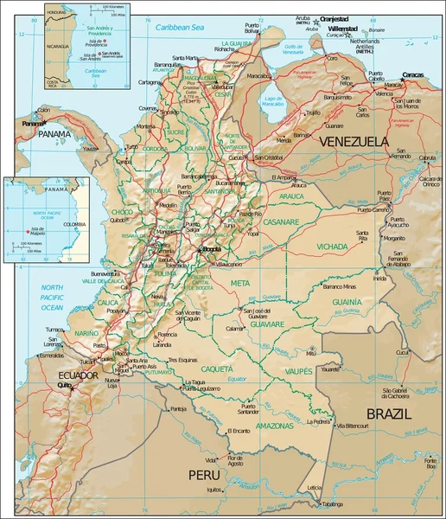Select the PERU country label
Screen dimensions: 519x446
pyautogui.click(x=206, y=475)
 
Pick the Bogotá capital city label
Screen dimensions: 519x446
pyautogui.click(x=212, y=250)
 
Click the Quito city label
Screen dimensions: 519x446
pyautogui.click(x=62, y=385)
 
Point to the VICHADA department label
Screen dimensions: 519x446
pyautogui.click(x=332, y=247)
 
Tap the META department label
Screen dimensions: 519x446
pyautogui.click(x=239, y=283)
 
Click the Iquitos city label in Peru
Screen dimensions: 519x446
pyautogui.click(x=215, y=490)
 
